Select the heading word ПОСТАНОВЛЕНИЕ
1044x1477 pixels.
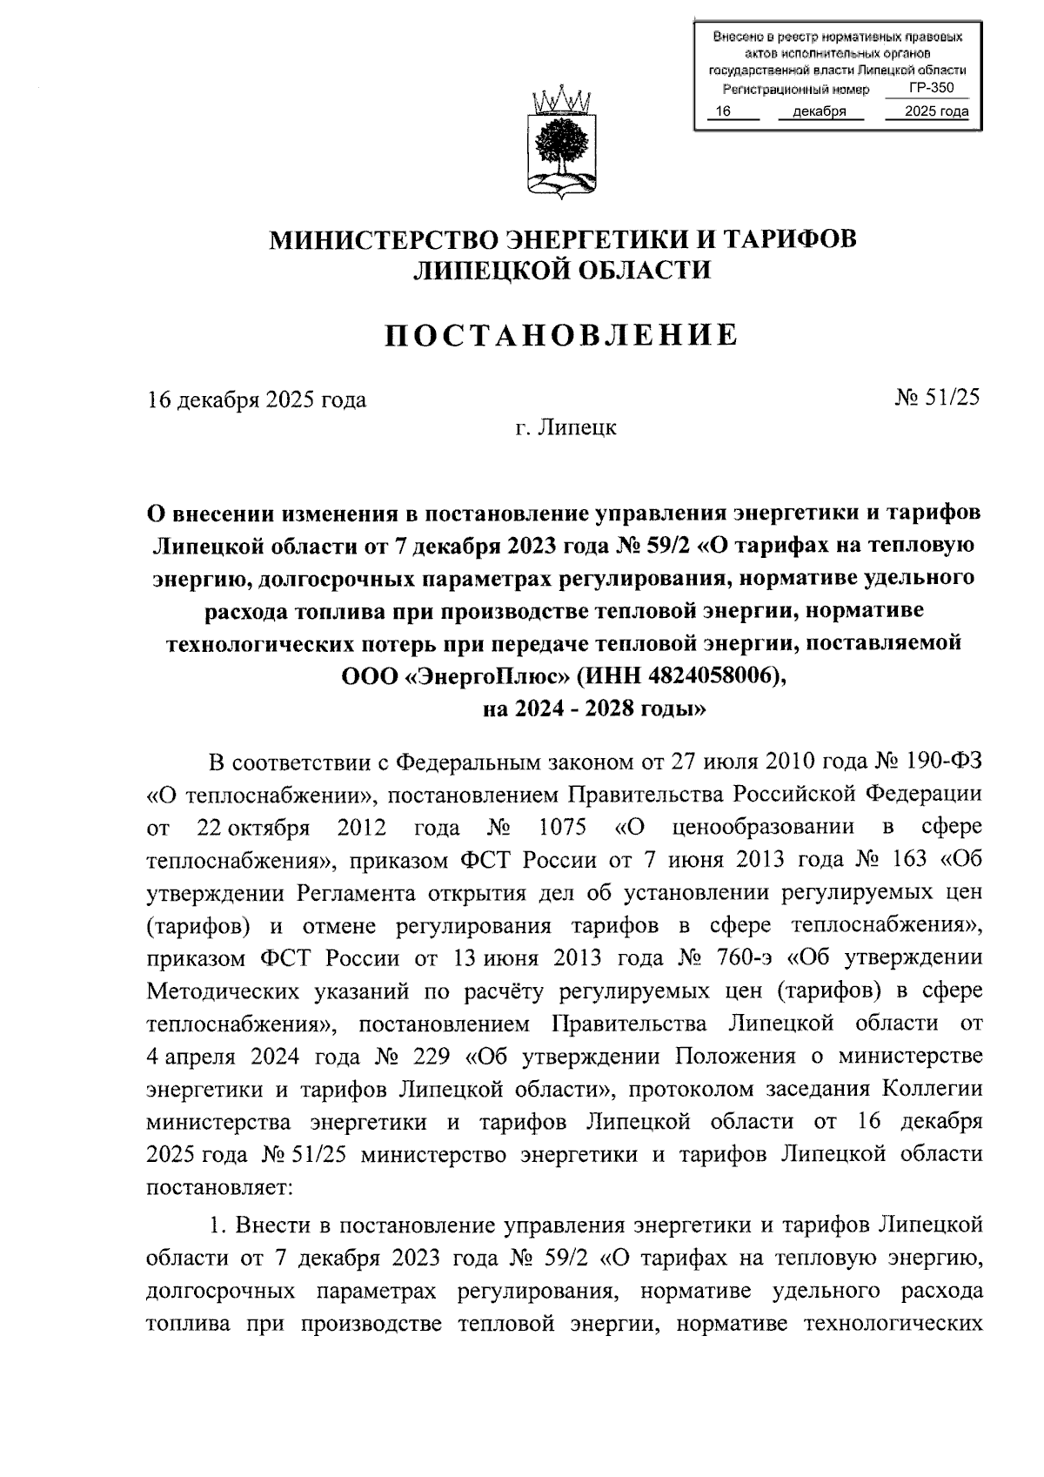click(x=563, y=335)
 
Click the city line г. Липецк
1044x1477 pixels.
click(x=565, y=427)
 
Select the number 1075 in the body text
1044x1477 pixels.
click(x=562, y=827)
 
